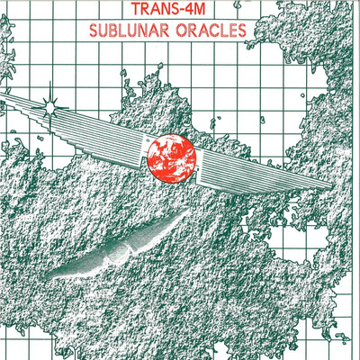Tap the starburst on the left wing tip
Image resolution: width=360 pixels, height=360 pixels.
pyautogui.click(x=50, y=105)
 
